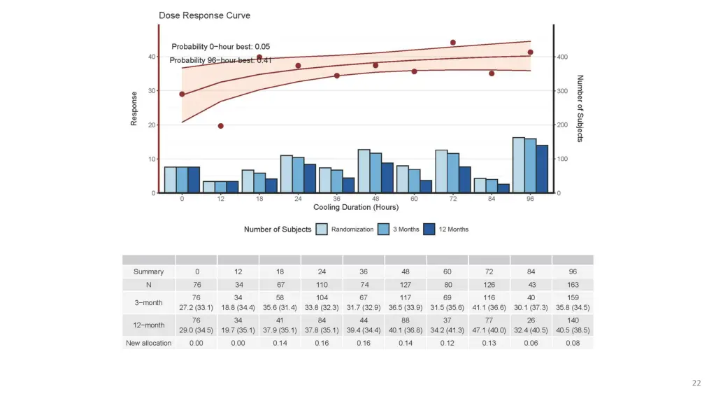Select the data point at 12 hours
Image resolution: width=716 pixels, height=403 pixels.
point(220,126)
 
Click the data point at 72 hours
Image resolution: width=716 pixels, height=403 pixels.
point(452,43)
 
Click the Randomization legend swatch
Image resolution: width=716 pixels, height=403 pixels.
point(322,229)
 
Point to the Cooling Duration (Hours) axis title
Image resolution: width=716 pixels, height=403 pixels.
point(356,207)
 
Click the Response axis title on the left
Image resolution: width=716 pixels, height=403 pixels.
point(134,108)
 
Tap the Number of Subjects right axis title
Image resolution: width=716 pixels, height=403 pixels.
point(580,108)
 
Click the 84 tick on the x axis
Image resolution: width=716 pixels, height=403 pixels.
point(492,199)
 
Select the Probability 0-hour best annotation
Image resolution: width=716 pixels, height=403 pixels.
point(221,47)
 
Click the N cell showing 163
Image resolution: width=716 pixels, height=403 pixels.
point(572,285)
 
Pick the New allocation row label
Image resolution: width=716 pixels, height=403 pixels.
point(149,343)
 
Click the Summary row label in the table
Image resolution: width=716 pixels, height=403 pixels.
point(149,271)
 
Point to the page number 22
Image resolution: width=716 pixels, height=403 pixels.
point(696,383)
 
